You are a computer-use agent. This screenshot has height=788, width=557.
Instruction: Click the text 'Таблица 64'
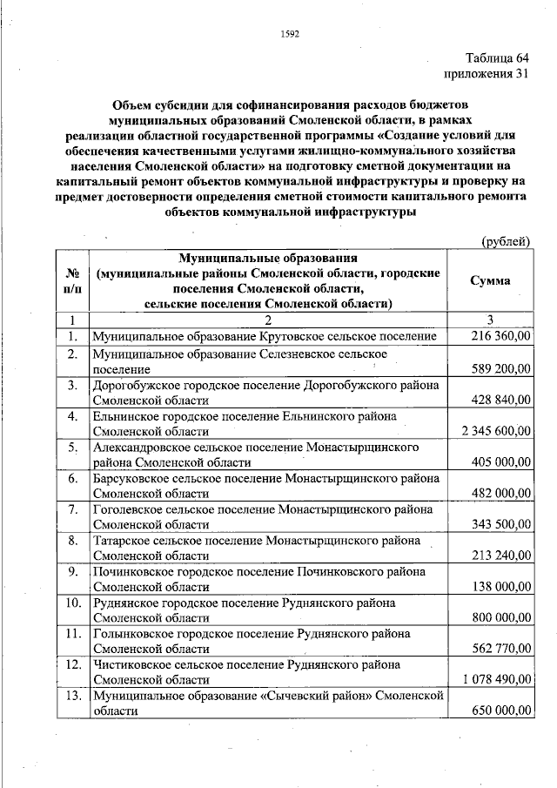click(496, 58)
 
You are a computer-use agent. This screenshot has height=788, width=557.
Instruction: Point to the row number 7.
click(74, 508)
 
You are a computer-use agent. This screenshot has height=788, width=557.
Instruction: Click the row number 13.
click(74, 696)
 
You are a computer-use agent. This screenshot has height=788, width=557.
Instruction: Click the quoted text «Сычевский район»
click(319, 696)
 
